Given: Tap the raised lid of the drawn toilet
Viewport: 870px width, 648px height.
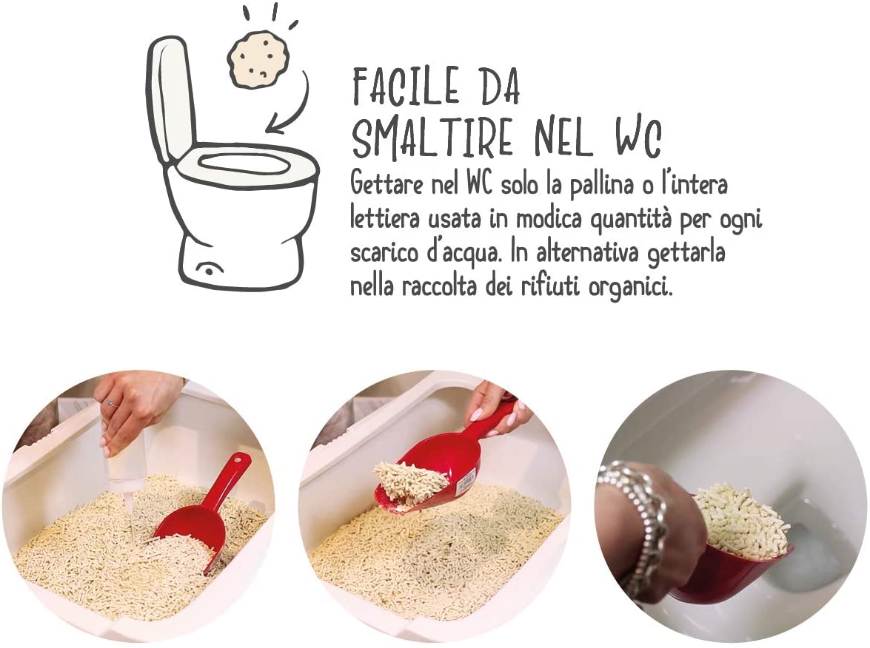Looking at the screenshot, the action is pyautogui.click(x=173, y=94).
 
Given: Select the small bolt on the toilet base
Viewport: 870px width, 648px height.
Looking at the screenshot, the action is pyautogui.click(x=207, y=270).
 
